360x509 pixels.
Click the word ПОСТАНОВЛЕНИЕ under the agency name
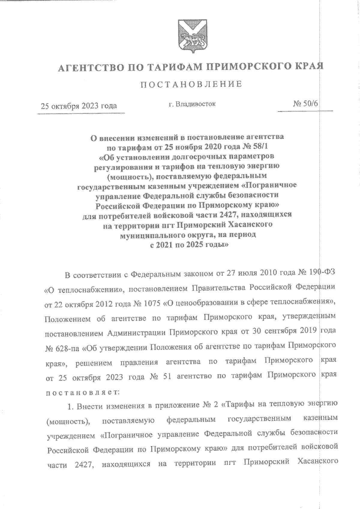tap(191, 84)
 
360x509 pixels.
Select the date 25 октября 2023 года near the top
tap(79, 106)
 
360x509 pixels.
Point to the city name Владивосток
tap(196, 104)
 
